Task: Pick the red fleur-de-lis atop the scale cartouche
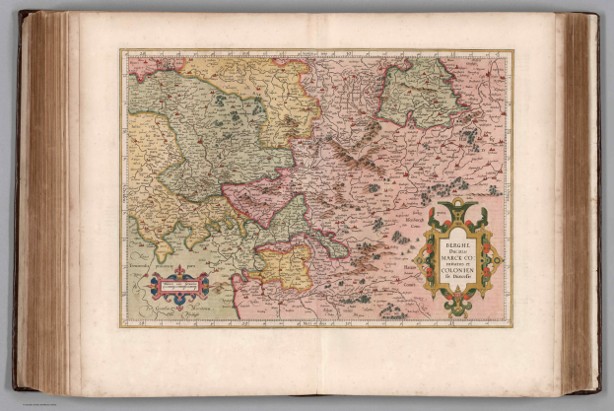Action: coord(178,270)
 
